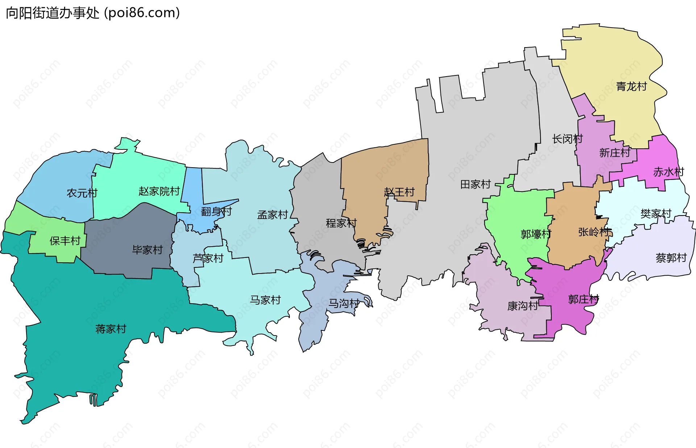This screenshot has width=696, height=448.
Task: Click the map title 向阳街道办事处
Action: point(53,13)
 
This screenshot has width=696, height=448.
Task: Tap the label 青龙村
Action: point(631,86)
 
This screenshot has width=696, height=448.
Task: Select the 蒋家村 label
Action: point(111,329)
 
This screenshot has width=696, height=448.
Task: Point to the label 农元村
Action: point(82,193)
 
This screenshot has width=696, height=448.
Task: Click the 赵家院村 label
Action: point(159,191)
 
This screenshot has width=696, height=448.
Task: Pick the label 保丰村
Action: point(65,241)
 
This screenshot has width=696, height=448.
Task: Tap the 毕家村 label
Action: point(147,250)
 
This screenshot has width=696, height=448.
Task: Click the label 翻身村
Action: point(216,211)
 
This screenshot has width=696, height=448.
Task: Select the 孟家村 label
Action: point(272,215)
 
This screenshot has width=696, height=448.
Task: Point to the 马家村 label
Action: point(265,300)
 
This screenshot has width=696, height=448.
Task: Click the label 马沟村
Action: point(344,303)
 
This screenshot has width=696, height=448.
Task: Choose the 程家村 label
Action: point(341,223)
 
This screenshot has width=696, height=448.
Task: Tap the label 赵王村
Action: point(399,192)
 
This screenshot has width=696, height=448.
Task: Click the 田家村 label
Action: point(475,184)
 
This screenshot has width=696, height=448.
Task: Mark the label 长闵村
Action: point(567,139)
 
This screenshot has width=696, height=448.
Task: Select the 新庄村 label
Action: point(614,153)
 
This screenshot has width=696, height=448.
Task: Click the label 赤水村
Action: point(668,172)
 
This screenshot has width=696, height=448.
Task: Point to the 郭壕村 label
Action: point(536,234)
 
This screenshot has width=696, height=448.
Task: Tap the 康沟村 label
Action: point(522,306)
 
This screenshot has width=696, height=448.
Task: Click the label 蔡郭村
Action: point(671,258)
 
